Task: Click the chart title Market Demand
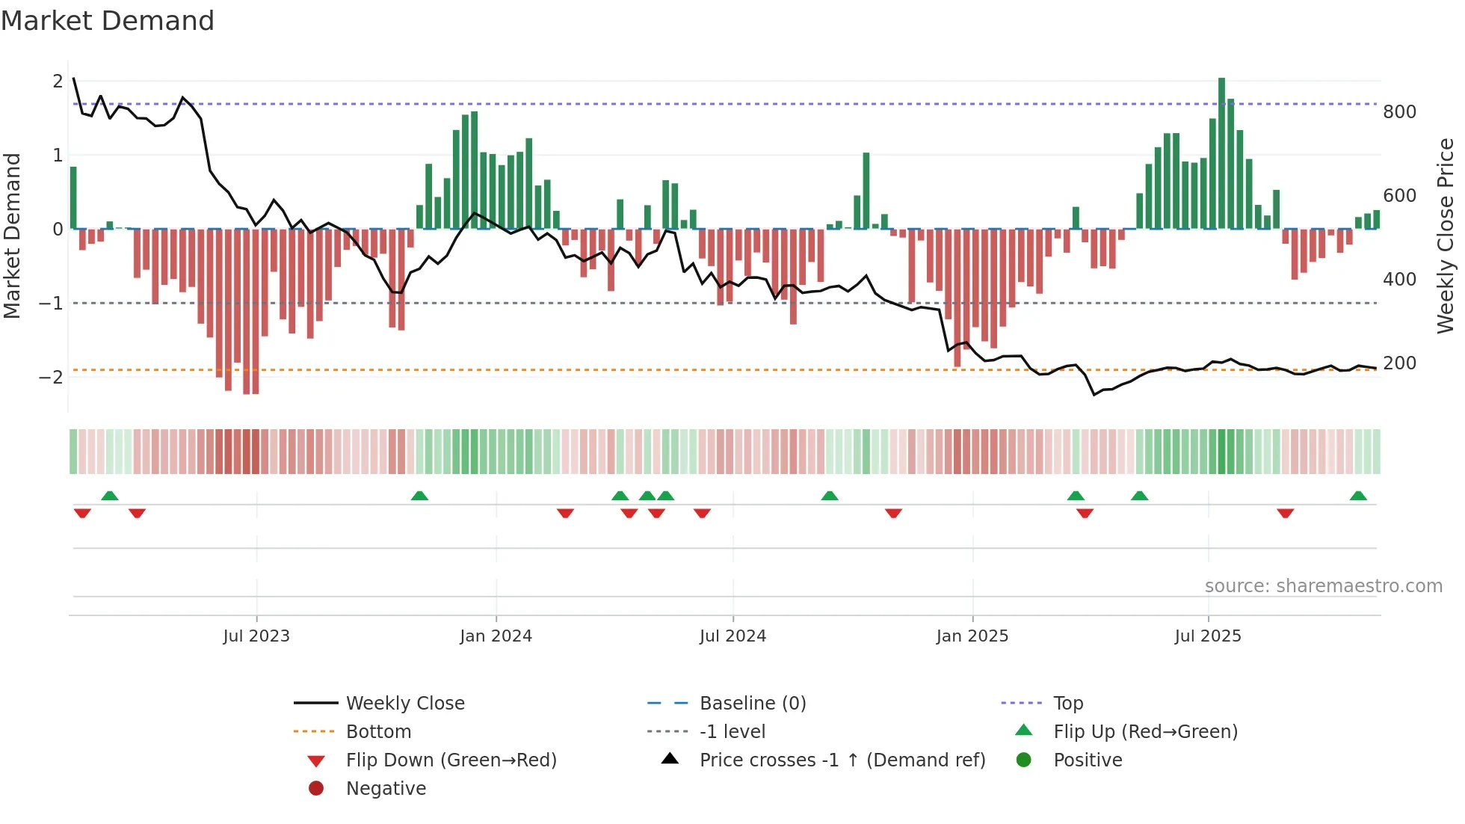click(x=108, y=20)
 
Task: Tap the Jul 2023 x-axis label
click(x=256, y=636)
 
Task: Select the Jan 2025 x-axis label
click(x=972, y=636)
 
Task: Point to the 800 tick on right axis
click(x=1399, y=112)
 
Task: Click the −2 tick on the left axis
click(x=51, y=377)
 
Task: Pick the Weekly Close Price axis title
click(x=1446, y=236)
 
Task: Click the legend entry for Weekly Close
click(x=405, y=704)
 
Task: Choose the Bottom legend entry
click(x=378, y=732)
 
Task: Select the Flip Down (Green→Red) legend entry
click(x=451, y=760)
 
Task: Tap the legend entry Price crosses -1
click(x=842, y=760)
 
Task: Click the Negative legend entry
click(x=386, y=789)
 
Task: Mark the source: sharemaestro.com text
click(x=1323, y=586)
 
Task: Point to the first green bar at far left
click(x=73, y=198)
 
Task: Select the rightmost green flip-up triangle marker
click(x=1358, y=496)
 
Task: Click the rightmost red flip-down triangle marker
click(x=1285, y=513)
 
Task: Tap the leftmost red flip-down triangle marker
click(x=82, y=513)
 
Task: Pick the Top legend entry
click(x=1068, y=704)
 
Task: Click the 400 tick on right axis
click(x=1399, y=280)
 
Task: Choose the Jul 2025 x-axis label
click(x=1208, y=636)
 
